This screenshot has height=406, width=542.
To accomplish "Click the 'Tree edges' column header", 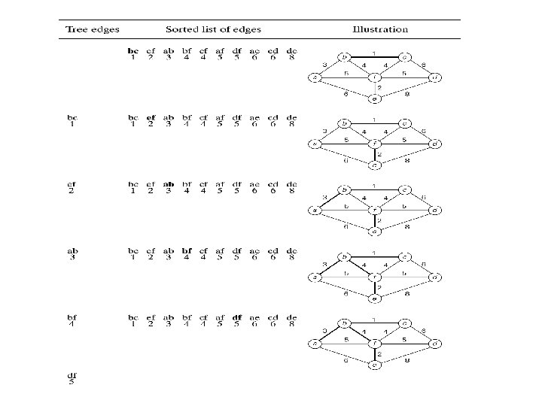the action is pos(89,30).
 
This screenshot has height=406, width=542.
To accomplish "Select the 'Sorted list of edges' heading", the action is pos(215,30).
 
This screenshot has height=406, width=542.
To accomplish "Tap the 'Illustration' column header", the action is pos(380,30).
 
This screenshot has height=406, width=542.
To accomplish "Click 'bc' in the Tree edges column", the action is pos(72,117).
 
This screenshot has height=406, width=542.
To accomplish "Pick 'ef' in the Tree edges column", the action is pos(72,183).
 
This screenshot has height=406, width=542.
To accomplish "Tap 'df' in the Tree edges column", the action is pos(72,375).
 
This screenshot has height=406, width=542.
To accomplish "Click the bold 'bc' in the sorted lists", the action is pos(133,51).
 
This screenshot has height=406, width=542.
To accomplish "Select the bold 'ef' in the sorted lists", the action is pos(151,117).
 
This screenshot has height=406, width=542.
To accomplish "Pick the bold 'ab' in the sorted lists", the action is pos(169,183).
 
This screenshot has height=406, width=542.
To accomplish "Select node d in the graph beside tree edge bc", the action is pos(434,144).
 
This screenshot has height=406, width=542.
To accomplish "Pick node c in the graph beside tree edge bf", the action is pos(404,324).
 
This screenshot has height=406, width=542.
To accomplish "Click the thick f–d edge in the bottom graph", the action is pos(404,344).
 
